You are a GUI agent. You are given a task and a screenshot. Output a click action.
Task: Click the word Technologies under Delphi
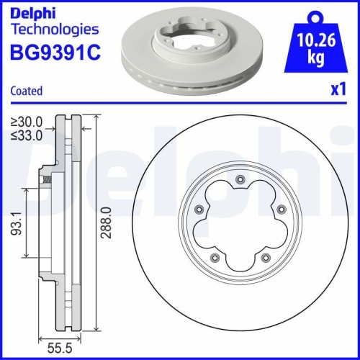(53, 30)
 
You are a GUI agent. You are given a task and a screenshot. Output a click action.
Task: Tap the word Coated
(27, 91)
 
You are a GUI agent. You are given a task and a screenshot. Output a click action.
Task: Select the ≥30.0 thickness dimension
(27, 122)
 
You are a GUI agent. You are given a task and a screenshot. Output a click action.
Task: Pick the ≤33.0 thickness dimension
(27, 134)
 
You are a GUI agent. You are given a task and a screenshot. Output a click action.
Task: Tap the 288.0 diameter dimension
(106, 225)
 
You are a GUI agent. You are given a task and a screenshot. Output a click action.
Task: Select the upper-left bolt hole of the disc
(198, 210)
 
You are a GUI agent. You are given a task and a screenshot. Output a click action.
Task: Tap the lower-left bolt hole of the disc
(212, 258)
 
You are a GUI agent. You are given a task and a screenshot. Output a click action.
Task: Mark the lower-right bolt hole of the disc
(265, 258)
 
